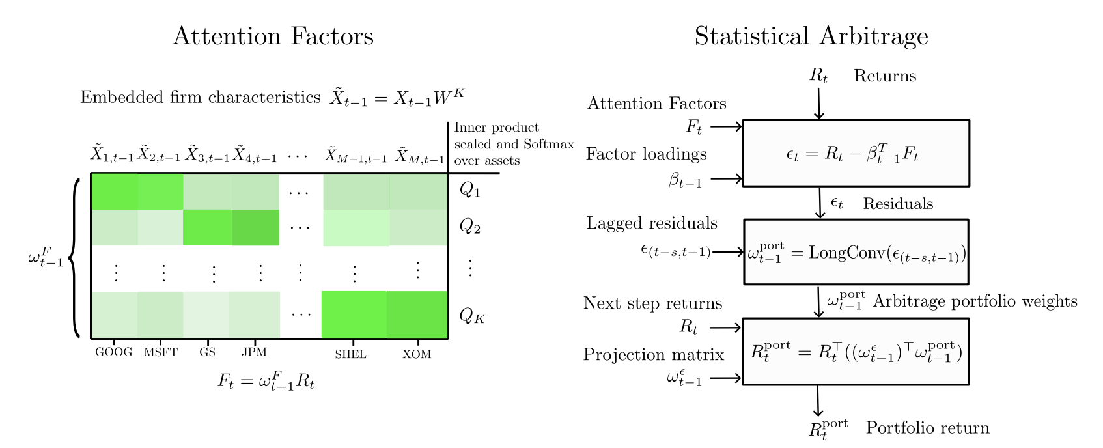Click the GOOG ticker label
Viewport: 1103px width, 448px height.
114,352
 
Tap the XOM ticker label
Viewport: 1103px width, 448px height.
417,354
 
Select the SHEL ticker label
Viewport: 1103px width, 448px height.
350,354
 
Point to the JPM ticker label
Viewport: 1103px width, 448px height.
254,352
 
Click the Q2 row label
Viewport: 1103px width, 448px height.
469,227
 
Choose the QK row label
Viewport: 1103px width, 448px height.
472,316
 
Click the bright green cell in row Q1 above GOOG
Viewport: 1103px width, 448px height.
115,191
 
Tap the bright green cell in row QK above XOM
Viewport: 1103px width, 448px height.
417,315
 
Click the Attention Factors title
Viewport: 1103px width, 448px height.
273,36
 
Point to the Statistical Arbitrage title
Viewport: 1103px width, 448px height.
811,36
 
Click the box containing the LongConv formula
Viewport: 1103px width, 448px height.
856,252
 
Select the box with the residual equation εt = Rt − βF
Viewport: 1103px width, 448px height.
856,154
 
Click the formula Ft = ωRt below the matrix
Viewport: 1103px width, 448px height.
266,381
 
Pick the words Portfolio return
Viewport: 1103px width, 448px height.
927,428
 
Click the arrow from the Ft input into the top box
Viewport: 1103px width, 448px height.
727,126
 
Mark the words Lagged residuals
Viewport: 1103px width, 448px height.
652,223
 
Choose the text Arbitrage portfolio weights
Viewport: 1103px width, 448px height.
975,301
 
